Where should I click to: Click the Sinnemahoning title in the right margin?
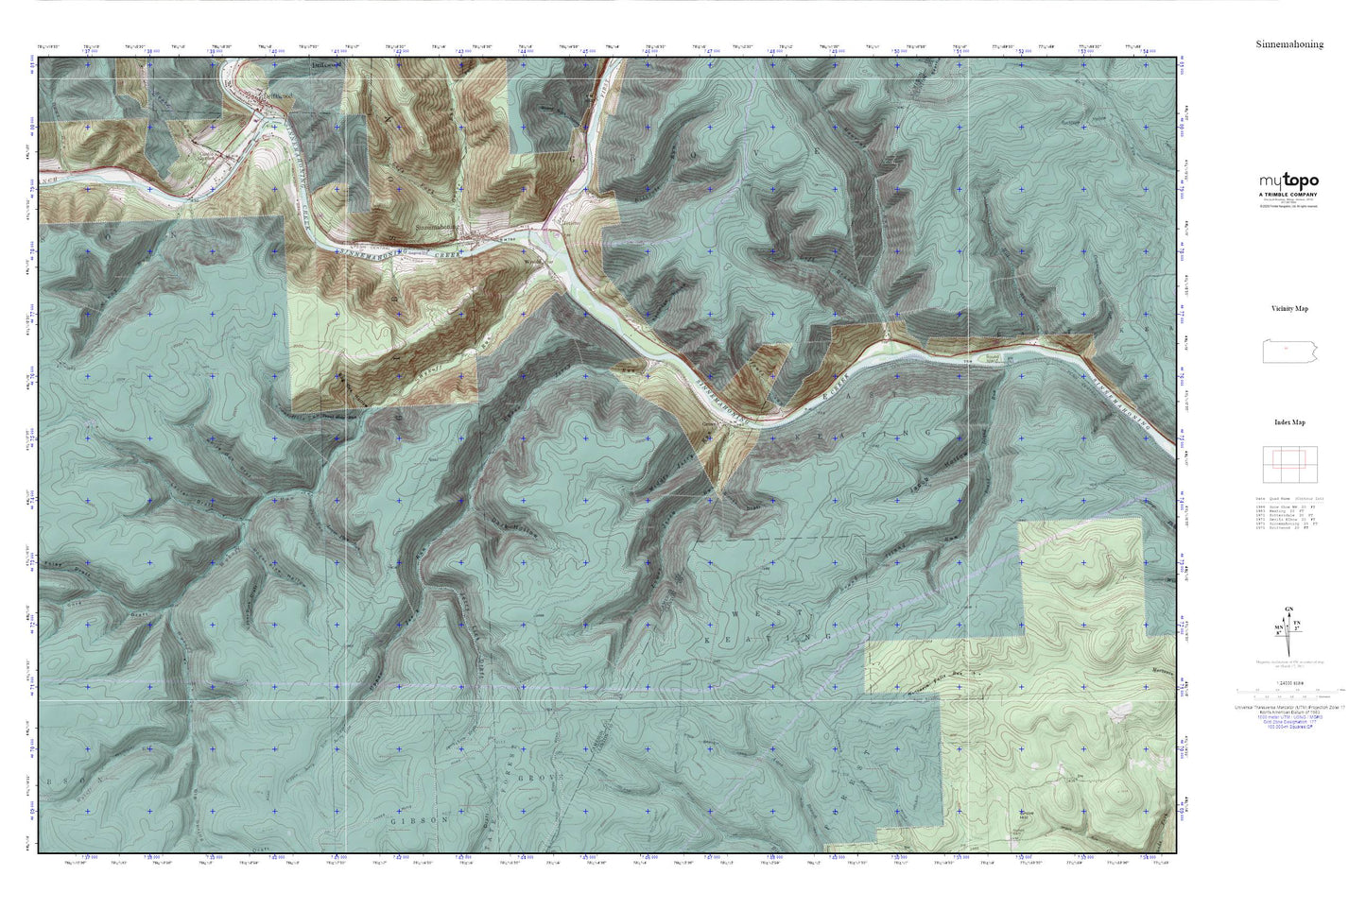tap(1288, 44)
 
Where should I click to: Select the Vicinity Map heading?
tap(1288, 309)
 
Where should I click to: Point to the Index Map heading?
tap(1288, 422)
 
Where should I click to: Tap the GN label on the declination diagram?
tap(1289, 610)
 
